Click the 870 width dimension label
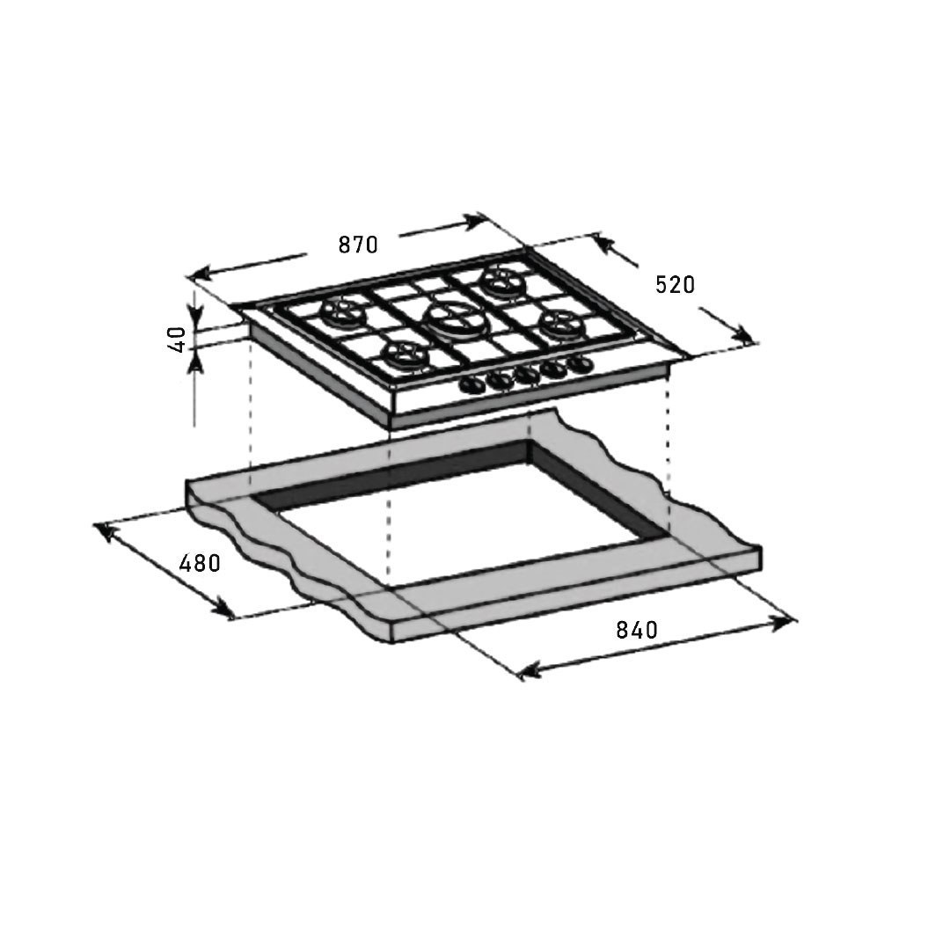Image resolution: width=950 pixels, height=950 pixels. (358, 245)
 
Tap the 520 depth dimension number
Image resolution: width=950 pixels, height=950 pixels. (675, 284)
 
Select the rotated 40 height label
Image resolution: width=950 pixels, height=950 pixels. (176, 340)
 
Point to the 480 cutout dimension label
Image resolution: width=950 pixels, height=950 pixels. (200, 563)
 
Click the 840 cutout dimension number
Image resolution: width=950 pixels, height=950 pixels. (637, 630)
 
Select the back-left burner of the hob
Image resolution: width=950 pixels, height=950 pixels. (343, 312)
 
